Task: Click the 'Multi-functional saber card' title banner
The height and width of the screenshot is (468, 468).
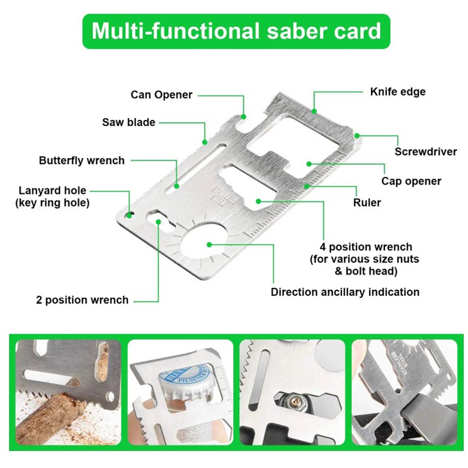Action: (236, 31)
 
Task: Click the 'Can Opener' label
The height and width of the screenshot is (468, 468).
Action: (161, 95)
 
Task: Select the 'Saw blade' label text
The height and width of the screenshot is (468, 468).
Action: (128, 122)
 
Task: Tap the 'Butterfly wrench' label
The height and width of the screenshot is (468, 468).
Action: (81, 160)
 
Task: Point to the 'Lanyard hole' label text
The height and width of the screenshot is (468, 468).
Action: (52, 191)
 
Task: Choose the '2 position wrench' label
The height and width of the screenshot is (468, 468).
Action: (82, 300)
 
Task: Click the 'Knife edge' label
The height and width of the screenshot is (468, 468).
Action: (397, 91)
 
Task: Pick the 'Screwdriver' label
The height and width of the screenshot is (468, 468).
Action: (425, 152)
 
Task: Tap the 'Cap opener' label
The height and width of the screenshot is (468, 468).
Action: (411, 181)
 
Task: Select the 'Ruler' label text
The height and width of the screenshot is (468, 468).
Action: (367, 202)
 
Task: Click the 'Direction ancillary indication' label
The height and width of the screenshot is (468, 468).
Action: (345, 292)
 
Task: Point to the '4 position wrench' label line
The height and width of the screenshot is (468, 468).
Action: (366, 247)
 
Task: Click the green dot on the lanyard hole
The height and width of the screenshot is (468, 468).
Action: (130, 213)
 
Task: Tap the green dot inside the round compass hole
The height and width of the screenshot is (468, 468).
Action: (209, 245)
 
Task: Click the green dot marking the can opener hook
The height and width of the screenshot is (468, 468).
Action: (244, 117)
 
